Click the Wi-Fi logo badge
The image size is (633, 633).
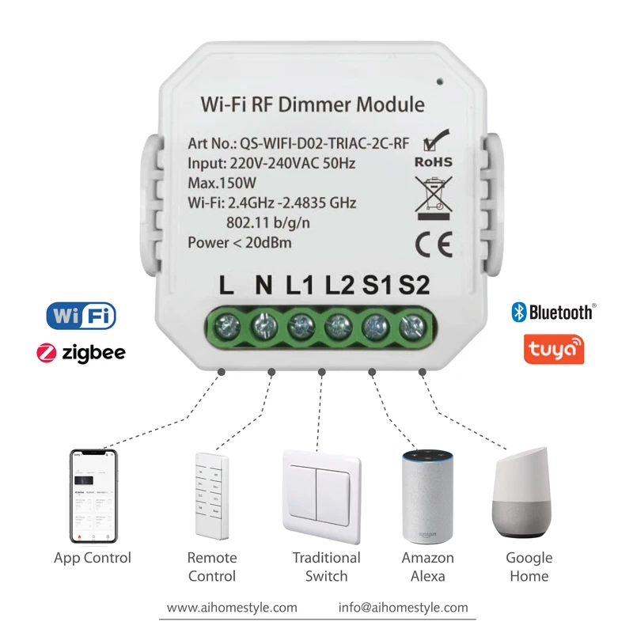(x=81, y=315)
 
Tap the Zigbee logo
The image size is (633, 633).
(x=81, y=352)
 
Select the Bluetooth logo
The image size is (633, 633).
(x=553, y=311)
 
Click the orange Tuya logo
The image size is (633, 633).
(x=554, y=348)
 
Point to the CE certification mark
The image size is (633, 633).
(x=434, y=247)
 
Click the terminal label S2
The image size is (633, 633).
(x=415, y=286)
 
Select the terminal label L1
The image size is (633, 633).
(x=301, y=286)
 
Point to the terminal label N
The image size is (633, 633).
(x=263, y=286)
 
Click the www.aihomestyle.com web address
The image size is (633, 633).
(x=233, y=608)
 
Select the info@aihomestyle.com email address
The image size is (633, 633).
(x=404, y=608)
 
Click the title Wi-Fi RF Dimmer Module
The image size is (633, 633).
(x=313, y=104)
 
